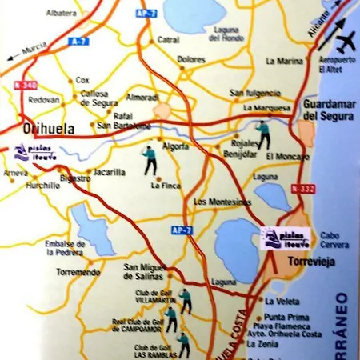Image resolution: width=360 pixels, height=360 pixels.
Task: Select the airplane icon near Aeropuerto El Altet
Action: pyautogui.click(x=347, y=42)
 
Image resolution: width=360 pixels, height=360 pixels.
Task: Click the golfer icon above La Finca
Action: pyautogui.click(x=149, y=160)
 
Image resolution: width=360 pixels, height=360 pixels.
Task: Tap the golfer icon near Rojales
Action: pyautogui.click(x=262, y=135)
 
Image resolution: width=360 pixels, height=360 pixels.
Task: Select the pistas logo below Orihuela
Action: pyautogui.click(x=33, y=152)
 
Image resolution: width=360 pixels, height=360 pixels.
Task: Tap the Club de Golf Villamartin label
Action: pyautogui.click(x=153, y=297)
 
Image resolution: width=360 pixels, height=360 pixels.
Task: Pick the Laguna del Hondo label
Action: pyautogui.click(x=228, y=34)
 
